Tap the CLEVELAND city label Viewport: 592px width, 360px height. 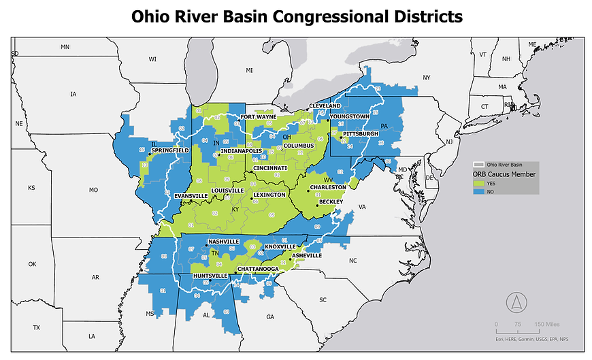[325, 107]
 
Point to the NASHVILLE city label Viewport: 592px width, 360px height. [224, 242]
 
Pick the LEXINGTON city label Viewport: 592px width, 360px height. [269, 195]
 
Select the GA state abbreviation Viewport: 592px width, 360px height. [270, 317]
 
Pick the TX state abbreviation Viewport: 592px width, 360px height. [36, 327]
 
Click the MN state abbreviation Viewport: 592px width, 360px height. [65, 47]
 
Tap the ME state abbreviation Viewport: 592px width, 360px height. [532, 44]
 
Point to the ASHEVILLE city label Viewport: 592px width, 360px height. [306, 255]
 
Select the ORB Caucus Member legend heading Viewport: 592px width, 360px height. [504, 175]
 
